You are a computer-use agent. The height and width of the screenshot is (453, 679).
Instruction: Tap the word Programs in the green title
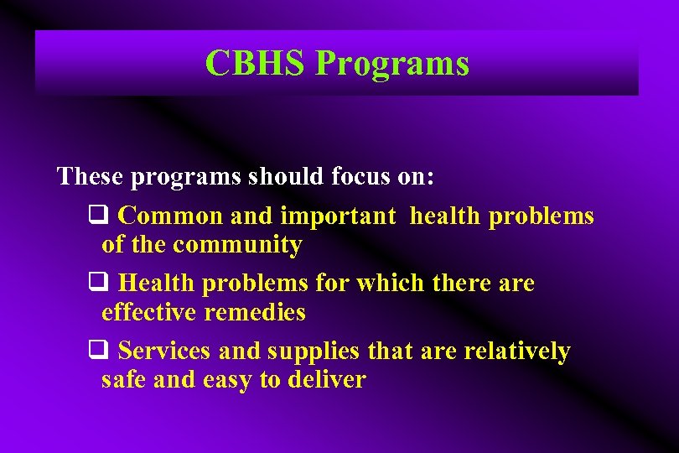point(391,64)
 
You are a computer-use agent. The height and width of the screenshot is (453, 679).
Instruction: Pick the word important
point(338,216)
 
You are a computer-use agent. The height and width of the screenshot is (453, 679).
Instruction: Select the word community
point(237,245)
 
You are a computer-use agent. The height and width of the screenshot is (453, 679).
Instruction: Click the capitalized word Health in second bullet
point(158,284)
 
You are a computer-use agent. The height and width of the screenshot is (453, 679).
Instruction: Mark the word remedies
point(256,313)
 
